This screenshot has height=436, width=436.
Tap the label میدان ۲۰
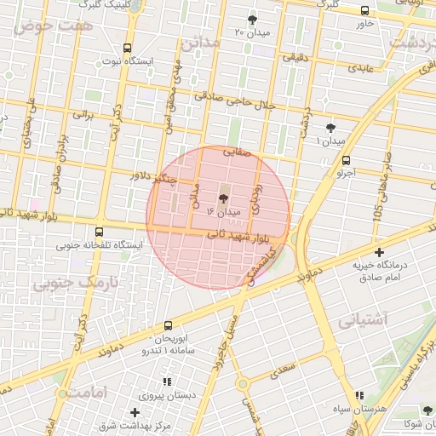pos(251,32)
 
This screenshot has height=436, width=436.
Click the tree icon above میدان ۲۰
pos(252,19)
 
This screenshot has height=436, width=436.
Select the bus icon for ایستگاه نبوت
pos(127,48)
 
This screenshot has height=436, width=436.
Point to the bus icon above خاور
pos(365,10)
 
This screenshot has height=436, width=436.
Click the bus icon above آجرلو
pos(346,159)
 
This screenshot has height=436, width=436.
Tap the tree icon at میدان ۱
pos(330,128)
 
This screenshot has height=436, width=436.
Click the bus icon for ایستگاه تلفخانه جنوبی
pos(100,232)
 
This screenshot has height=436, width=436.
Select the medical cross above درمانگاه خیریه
pos(380,252)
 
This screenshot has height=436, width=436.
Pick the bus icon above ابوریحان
pos(167,325)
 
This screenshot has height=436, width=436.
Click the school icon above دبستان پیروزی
pos(168,381)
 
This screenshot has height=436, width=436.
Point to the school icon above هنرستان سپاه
pos(360,396)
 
